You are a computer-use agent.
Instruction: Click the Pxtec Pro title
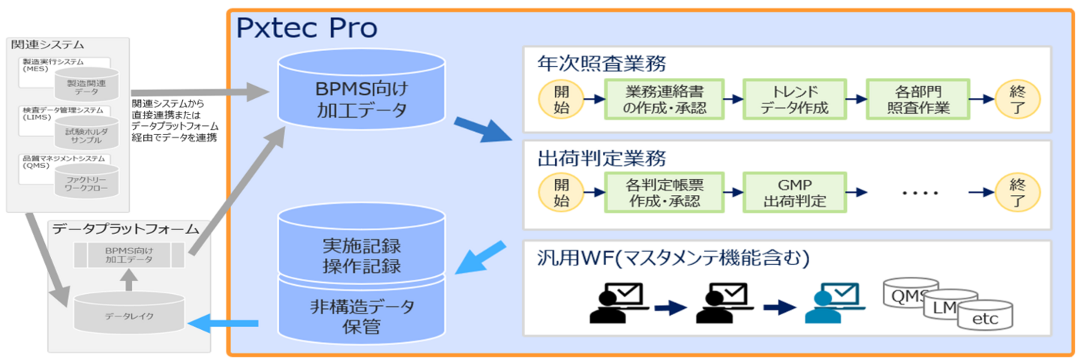tap(307, 28)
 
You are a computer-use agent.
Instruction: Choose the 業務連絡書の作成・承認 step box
tap(665, 99)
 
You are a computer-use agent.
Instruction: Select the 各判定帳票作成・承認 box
tap(665, 192)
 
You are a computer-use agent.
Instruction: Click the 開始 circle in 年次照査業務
tap(561, 99)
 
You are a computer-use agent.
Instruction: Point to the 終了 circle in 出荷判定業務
tap(1017, 192)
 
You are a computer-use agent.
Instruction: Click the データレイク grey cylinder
tap(130, 315)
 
